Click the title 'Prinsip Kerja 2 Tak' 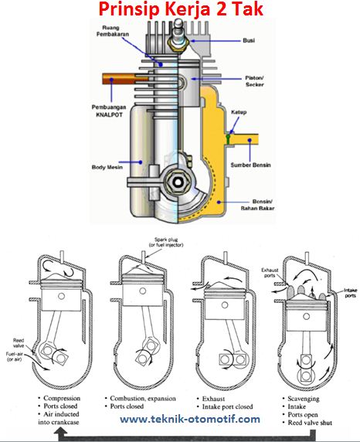click(181, 9)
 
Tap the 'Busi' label click(249, 41)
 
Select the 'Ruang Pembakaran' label click(113, 31)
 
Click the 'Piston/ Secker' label click(254, 81)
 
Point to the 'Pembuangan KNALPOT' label click(109, 111)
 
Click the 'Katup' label click(239, 112)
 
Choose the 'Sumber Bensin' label click(250, 165)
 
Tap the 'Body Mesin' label click(107, 167)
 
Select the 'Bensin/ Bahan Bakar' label click(257, 205)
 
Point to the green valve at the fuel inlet click(228, 138)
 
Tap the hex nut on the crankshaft click(178, 182)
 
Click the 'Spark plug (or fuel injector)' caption click(166, 243)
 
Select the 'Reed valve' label click(19, 343)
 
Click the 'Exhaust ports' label click(270, 273)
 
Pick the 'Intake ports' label click(351, 293)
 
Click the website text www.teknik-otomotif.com click(190, 419)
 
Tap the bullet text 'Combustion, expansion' click(143, 398)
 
